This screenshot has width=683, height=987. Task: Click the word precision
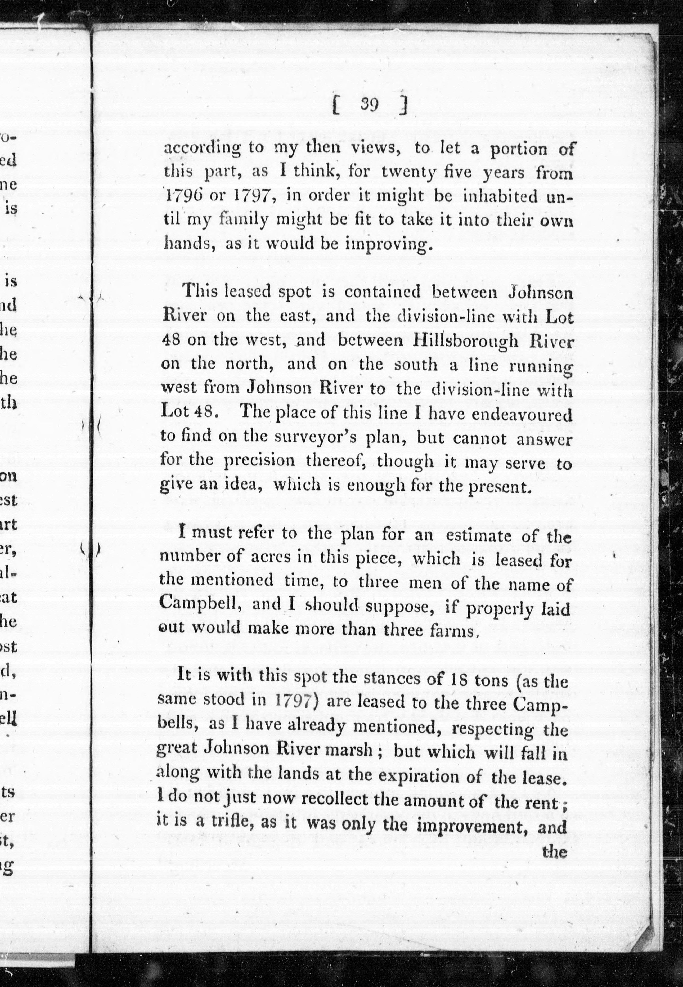pos(260,461)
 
